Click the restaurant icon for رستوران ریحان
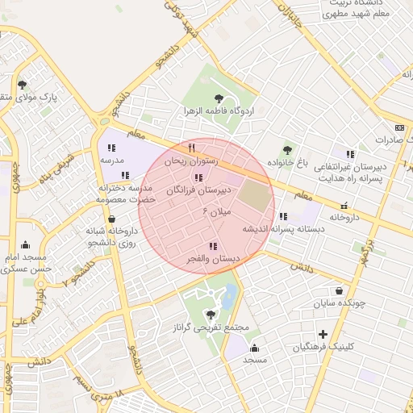tap(191, 148)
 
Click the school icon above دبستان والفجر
tap(212, 246)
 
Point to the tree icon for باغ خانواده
tap(288, 149)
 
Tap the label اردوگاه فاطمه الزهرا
tap(219, 110)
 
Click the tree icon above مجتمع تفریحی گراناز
tap(211, 315)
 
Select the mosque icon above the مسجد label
tap(255, 348)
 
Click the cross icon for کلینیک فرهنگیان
tap(323, 334)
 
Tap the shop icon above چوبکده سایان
tap(339, 290)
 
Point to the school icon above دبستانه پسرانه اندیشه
tap(282, 216)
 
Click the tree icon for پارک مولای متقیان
tap(22, 84)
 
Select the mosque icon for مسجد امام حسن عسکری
tap(26, 245)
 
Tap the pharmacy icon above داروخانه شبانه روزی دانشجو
tap(111, 218)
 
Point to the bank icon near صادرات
tap(398, 127)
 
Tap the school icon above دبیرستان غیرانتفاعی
tap(349, 154)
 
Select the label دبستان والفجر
tap(213, 259)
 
